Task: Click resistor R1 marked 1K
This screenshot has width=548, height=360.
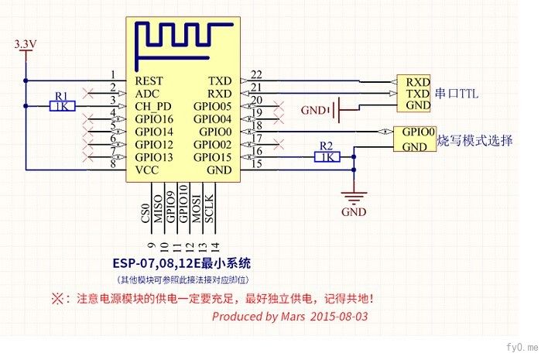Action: (62, 106)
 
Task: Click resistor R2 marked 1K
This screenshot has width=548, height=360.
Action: (327, 157)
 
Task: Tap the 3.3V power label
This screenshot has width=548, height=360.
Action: (26, 44)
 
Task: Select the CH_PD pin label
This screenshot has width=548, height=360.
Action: (153, 106)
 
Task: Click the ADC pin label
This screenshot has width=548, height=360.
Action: (147, 94)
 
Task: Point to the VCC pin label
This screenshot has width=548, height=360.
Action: (147, 170)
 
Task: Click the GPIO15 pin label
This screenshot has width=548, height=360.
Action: (213, 157)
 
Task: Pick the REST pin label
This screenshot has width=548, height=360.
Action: (149, 81)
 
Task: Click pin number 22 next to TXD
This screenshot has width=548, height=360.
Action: (256, 74)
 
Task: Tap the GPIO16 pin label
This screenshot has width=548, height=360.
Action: (154, 119)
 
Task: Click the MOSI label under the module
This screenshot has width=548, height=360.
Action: (197, 209)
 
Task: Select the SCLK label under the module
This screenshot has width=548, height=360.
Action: (209, 209)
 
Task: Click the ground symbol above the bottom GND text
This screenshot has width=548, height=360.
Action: (354, 198)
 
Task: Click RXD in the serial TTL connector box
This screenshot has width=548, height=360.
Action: (418, 82)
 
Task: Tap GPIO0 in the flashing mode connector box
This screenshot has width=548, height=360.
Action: (418, 132)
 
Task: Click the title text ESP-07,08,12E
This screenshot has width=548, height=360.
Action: (157, 262)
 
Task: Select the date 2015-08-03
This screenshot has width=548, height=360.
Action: (339, 317)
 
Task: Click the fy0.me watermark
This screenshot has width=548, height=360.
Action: (522, 347)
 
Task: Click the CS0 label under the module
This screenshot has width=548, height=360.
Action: (146, 213)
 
